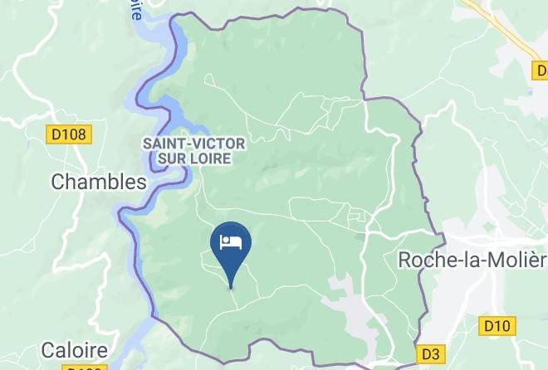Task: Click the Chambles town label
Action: (99, 182)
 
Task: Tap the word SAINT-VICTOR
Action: (193, 144)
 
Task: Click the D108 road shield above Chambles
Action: (69, 132)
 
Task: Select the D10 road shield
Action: (497, 325)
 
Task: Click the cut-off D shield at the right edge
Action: (539, 71)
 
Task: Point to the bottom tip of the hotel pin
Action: (231, 287)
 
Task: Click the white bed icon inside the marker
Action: (231, 242)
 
